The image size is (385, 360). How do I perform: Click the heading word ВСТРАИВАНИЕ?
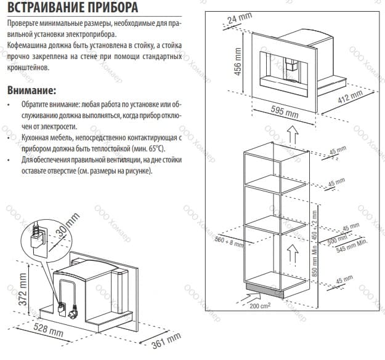pos(46,8)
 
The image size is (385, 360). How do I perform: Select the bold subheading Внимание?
pos(31,90)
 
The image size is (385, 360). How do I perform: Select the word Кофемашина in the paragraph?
pos(28,46)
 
